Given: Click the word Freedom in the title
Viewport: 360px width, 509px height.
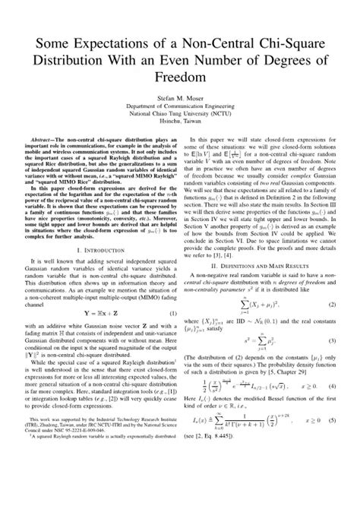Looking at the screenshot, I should (x=179, y=77).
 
